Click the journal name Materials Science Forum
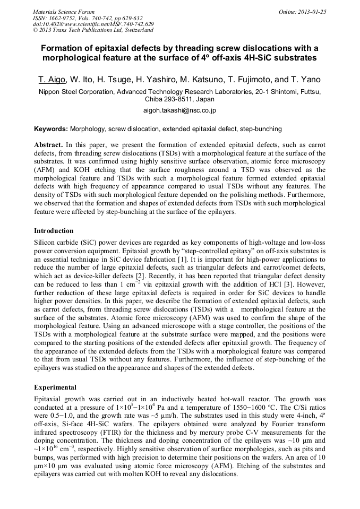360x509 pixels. point(64,12)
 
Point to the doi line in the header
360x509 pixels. point(93,24)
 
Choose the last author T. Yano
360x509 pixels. point(305,80)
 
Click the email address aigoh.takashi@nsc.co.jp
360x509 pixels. point(179,111)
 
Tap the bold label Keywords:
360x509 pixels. point(51,129)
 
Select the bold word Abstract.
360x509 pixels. point(49,145)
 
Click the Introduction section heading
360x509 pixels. point(54,231)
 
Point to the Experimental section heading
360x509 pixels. point(55,387)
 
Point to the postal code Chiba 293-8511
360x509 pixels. point(170,99)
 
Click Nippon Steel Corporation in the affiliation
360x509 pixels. point(75,92)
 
